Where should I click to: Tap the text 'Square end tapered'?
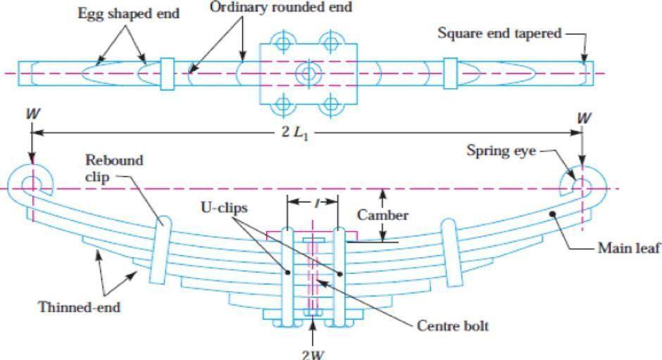[499, 32]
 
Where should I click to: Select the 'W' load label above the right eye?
[582, 117]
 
